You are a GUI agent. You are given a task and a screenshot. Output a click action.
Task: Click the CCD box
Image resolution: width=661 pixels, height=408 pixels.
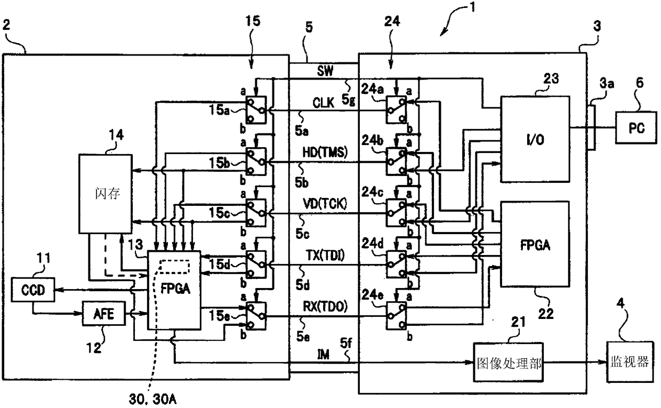coord(33,290)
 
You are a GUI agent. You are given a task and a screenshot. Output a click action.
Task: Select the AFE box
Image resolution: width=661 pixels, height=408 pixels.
coord(103,313)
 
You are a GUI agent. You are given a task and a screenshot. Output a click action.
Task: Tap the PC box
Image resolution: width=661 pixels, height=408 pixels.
coord(636,128)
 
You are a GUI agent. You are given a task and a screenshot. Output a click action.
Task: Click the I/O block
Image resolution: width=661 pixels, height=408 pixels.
coord(535,139)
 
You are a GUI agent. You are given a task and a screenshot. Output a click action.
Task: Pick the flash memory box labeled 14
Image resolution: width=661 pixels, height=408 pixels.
coord(106,194)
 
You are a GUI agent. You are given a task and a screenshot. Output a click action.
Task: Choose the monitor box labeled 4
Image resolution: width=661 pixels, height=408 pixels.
coord(630,362)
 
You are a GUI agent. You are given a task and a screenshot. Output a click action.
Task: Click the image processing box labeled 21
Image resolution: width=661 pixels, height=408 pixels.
coord(509,362)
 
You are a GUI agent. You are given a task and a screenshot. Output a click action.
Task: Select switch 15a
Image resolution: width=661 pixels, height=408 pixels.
coord(256,110)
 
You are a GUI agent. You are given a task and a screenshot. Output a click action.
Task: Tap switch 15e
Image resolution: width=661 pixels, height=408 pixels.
coord(256,316)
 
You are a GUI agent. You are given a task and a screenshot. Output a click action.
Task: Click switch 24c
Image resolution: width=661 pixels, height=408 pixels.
coord(396,213)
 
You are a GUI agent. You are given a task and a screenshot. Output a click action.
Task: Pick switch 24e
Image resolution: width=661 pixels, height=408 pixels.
coord(396,316)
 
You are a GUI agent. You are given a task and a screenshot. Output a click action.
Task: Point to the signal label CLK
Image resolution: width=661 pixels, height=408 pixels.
coord(324,103)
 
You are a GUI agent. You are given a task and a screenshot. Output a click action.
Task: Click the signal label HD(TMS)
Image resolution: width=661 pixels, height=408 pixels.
coord(325,153)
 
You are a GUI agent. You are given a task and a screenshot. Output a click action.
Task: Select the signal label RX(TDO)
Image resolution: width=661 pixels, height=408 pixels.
coord(325,307)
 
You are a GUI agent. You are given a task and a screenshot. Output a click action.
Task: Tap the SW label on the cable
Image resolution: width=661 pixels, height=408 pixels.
coord(325,71)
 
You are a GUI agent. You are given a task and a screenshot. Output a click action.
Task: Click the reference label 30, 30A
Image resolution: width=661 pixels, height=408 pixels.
coord(152,399)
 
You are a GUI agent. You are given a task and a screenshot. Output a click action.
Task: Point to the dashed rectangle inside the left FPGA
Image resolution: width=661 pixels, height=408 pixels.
coord(174,267)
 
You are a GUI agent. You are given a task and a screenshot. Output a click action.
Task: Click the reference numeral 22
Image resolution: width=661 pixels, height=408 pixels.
coord(546,314)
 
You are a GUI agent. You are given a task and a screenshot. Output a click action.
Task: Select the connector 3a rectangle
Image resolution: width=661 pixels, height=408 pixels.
coord(591,127)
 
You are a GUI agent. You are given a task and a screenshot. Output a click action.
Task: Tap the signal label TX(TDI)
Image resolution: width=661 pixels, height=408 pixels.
coord(325,255)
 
